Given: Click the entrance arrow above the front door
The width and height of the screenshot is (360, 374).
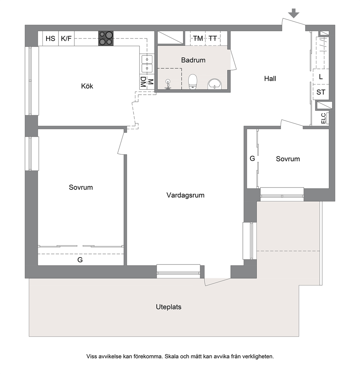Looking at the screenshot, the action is tap(294, 13).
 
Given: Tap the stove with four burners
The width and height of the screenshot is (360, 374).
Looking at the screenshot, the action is tap(106, 38).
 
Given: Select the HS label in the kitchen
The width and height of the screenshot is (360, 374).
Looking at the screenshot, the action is tap(50, 38).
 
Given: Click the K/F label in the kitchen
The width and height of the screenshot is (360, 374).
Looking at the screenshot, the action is tap(66, 38).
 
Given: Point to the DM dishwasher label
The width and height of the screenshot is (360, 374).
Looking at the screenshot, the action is tap(143, 82).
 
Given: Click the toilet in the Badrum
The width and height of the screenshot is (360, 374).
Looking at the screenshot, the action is tap(193, 82).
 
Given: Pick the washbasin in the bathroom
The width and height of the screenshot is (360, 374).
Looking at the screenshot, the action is tap(215, 84).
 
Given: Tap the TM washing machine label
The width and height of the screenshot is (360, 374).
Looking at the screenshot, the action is tap(198, 38).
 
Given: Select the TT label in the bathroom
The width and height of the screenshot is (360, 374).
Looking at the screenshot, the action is tap(213, 38).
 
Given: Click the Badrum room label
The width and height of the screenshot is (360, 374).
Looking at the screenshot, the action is tap(193, 60).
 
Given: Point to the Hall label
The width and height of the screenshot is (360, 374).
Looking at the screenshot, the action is tap(270, 78).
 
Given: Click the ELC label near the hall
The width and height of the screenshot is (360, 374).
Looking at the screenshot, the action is tap(323, 118).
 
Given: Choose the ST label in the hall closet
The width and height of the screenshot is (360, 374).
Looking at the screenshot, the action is tap(321, 92).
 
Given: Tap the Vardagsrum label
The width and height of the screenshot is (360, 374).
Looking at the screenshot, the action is tap(185, 195).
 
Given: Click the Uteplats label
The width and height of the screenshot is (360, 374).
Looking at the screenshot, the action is tap(169, 307).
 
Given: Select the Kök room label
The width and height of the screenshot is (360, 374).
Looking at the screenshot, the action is tap(87, 86).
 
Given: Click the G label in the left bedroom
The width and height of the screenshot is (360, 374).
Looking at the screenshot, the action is tap(80, 260).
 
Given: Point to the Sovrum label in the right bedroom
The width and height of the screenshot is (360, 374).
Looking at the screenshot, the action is tap(288, 159).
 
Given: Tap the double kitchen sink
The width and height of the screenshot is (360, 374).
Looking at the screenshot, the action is tap(147, 64).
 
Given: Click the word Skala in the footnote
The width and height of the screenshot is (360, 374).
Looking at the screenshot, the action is tap(172, 356).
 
